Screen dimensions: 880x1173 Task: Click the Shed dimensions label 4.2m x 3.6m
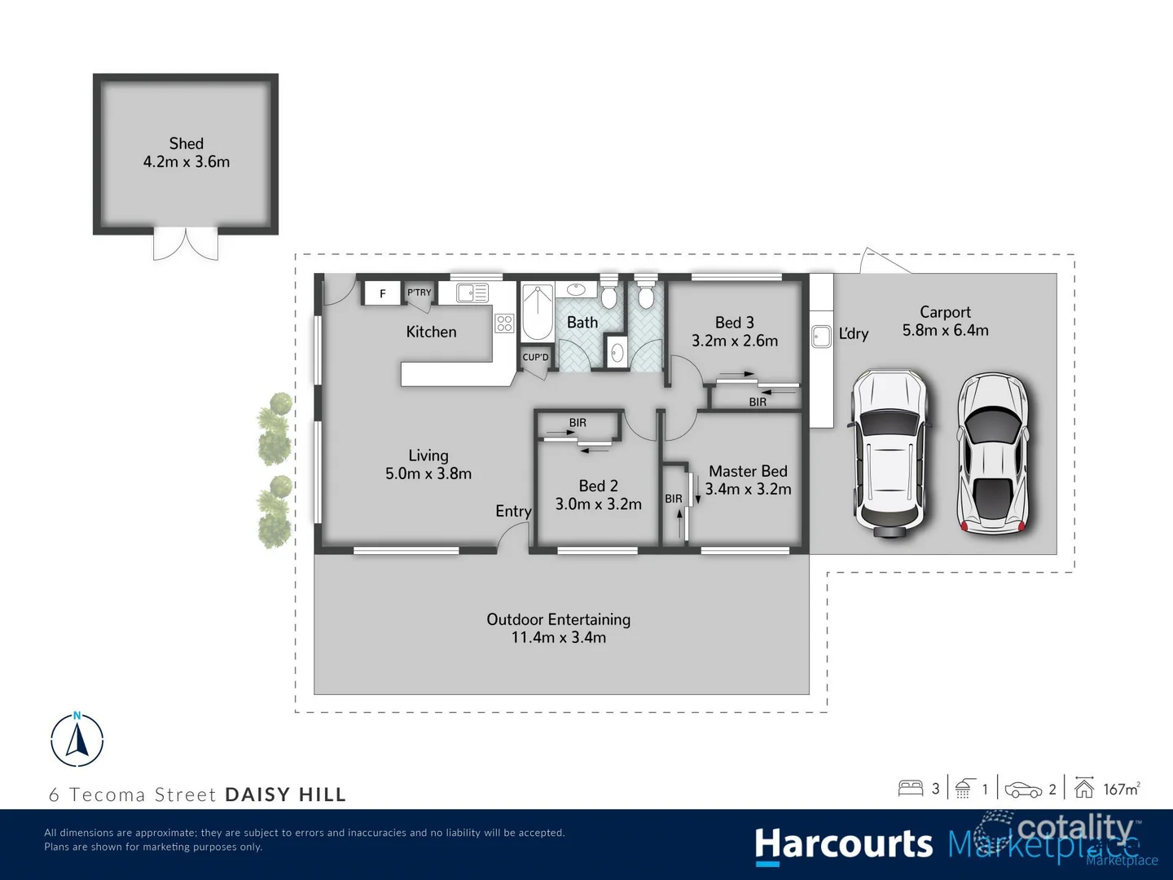pos(187,162)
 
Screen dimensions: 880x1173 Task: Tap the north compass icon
pos(77,739)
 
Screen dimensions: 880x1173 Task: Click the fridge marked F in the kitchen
pos(382,293)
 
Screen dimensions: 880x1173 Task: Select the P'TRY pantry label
pos(420,293)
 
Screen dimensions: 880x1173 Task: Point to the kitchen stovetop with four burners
pos(504,323)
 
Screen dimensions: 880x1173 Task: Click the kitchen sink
pos(472,293)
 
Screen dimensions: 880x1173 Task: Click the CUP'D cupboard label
pos(535,358)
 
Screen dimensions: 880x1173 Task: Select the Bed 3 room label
pos(734,323)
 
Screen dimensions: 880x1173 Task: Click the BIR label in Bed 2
pos(578,423)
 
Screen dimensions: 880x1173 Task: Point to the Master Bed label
pos(748,471)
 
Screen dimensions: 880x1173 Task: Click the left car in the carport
pos(890,453)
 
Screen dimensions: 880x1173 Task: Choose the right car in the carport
pos(992,453)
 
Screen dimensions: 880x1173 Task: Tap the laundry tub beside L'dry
pos(821,336)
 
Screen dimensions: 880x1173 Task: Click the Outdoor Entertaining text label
pos(558,619)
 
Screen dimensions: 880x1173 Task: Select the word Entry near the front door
pos(513,511)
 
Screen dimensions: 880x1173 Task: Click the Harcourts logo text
pos(843,845)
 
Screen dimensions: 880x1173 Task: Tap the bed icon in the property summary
pos(910,788)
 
